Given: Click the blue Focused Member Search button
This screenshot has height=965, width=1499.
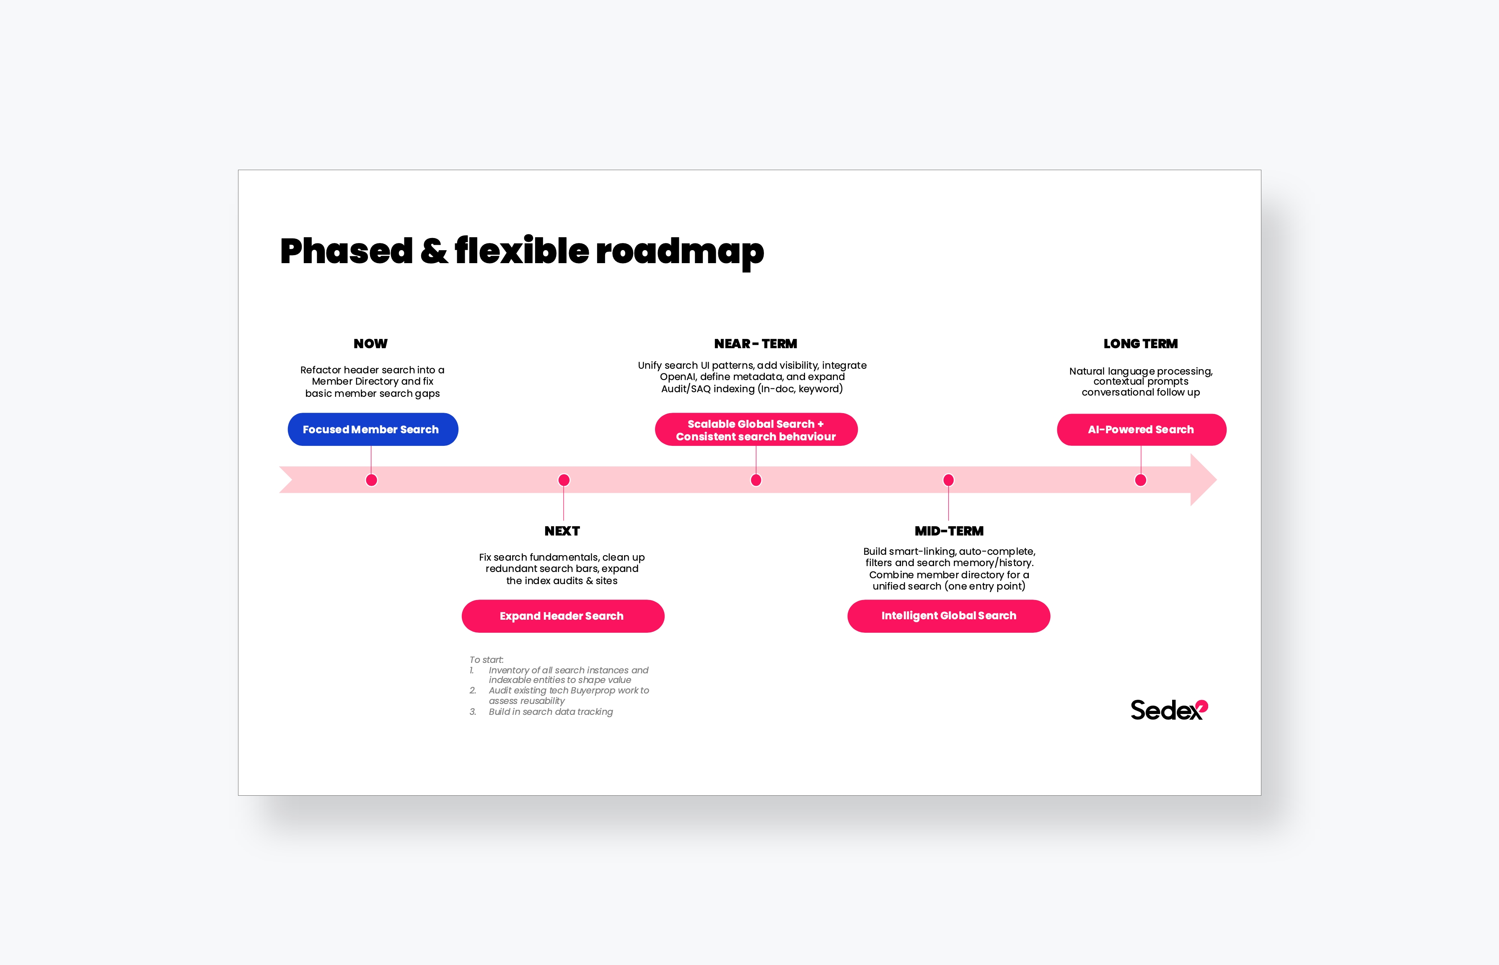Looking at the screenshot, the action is [372, 429].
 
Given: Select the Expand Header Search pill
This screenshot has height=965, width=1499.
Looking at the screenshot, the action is [562, 616].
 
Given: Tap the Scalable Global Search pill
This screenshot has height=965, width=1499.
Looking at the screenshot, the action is [756, 430].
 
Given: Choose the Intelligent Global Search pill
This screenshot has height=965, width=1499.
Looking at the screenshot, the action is [948, 616].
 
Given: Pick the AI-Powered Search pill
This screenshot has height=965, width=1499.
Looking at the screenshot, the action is [1141, 430].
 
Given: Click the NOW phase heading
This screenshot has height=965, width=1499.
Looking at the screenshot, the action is [370, 344].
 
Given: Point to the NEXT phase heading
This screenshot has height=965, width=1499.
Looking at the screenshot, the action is [562, 531].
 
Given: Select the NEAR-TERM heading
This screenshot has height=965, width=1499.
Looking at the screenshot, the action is [756, 344].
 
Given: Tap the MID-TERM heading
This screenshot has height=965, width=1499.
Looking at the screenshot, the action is [949, 531].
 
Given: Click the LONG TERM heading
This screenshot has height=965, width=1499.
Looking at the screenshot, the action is [1141, 344].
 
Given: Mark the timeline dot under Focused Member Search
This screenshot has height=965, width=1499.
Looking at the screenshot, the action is [372, 480].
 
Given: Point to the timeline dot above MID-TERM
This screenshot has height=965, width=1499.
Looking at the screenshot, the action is [949, 480].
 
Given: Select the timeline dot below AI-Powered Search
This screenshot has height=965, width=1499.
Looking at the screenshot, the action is [1141, 480].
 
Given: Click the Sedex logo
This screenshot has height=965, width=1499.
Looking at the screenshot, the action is [1168, 710].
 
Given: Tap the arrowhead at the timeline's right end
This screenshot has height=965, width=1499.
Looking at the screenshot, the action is [1203, 480].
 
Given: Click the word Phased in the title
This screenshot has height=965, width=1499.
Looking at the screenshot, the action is [346, 251].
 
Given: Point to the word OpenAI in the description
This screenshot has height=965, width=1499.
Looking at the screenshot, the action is [678, 377].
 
